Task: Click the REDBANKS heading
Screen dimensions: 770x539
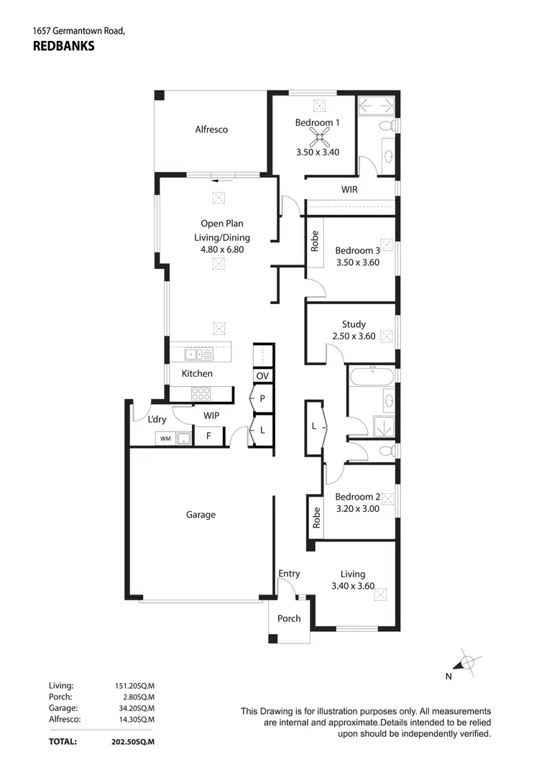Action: [63, 45]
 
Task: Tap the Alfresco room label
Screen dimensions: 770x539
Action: [211, 129]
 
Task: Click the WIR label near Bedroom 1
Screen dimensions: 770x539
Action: [349, 190]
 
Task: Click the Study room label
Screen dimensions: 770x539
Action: [353, 324]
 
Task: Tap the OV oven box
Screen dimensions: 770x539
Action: [262, 376]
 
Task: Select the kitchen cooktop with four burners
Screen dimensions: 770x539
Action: [201, 393]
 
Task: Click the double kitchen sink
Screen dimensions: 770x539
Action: [194, 354]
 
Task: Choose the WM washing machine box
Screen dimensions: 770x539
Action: [165, 438]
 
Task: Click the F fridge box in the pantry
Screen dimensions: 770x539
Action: [209, 436]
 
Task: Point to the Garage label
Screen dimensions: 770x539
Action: [201, 515]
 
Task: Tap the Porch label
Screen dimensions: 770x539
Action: [289, 618]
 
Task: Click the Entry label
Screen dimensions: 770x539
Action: [289, 573]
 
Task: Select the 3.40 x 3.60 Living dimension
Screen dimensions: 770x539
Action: [353, 586]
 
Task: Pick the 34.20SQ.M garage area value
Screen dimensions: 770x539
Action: [134, 708]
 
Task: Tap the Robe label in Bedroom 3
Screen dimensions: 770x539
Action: [315, 240]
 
